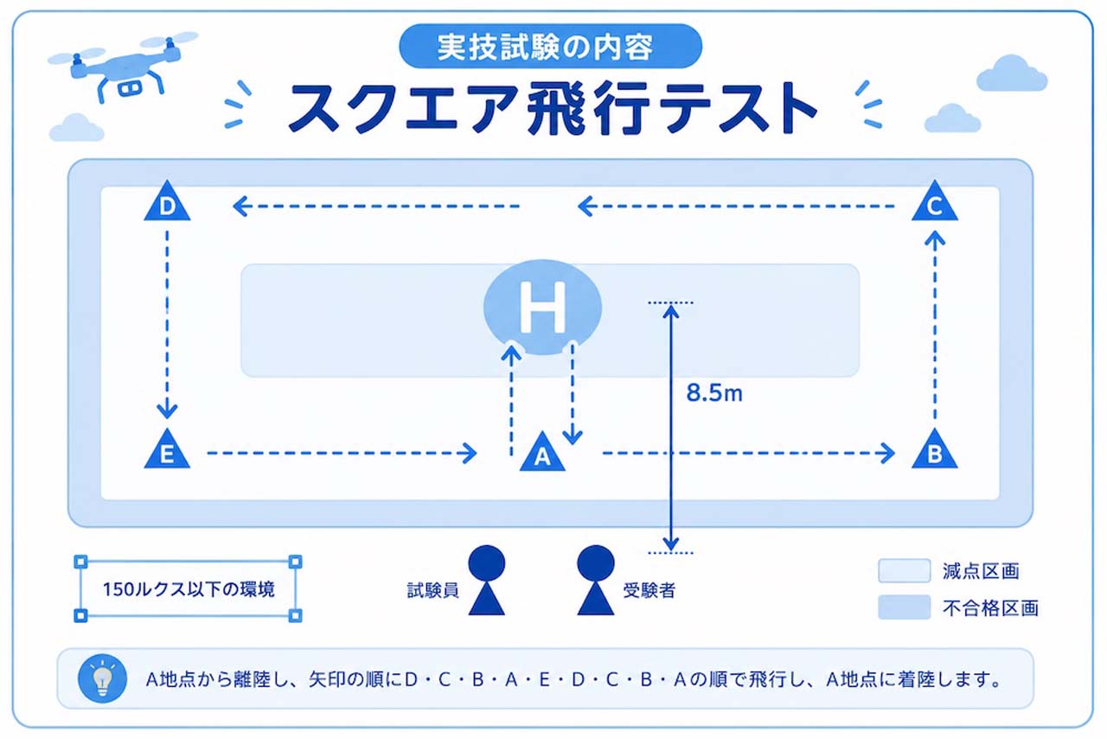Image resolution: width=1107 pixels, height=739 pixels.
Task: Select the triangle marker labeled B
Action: [935, 451]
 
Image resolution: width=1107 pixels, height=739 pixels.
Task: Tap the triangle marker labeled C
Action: [935, 202]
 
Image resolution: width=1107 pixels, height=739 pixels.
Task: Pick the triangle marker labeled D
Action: [167, 202]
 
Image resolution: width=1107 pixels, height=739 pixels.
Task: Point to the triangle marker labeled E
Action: [167, 451]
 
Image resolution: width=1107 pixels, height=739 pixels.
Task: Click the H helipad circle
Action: [542, 307]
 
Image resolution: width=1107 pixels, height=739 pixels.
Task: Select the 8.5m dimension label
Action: [714, 393]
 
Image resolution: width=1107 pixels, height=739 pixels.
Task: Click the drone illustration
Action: [124, 67]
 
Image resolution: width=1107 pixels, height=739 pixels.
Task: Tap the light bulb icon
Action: [102, 678]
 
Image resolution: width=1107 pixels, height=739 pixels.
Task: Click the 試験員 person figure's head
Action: [487, 563]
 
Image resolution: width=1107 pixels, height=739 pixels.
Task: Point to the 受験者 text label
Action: [649, 590]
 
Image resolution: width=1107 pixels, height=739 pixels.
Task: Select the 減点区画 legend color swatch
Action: [905, 571]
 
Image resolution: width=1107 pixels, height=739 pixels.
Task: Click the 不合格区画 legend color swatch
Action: [905, 607]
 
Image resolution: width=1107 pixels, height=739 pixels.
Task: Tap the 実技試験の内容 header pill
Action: [550, 46]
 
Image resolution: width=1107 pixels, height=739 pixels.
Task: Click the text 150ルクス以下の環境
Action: [189, 589]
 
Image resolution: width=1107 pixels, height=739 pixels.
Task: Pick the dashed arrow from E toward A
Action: [342, 453]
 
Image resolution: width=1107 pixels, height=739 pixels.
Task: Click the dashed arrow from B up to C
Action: [935, 325]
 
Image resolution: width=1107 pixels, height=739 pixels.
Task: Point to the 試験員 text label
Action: [433, 590]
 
